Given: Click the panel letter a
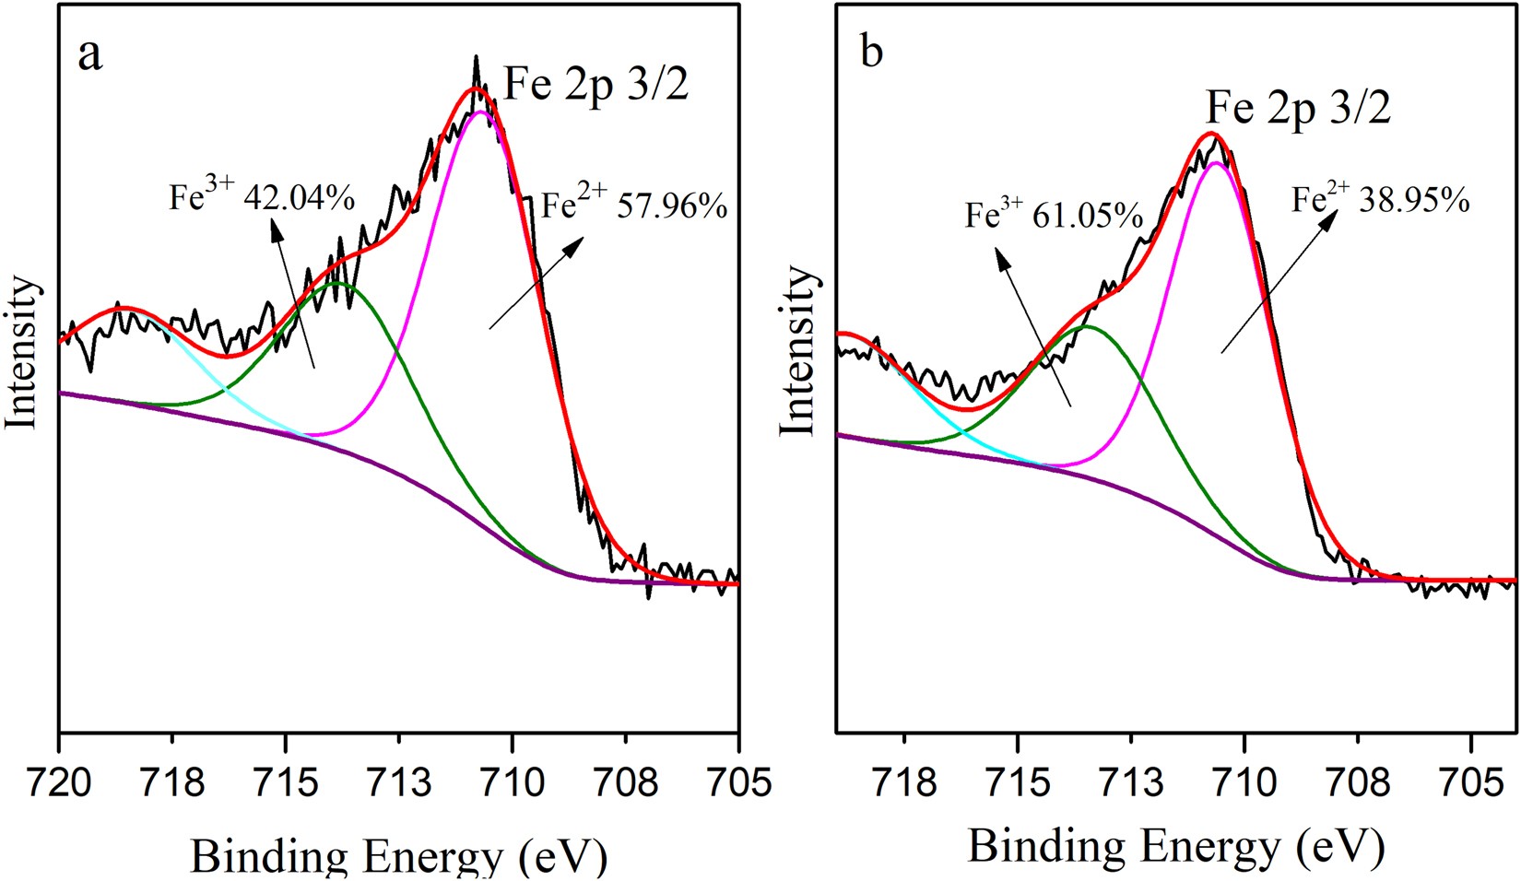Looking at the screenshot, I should [x=89, y=55].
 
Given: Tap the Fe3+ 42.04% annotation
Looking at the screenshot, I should [x=261, y=197].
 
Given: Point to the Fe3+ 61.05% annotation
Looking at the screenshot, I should [x=1054, y=216].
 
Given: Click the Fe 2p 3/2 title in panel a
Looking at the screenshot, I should [x=595, y=86].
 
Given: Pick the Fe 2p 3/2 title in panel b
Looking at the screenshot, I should [x=1298, y=108].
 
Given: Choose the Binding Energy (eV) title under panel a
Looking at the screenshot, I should [x=398, y=855].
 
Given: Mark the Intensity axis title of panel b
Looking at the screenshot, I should [x=798, y=350].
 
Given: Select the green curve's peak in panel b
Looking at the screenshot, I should [x=1086, y=326].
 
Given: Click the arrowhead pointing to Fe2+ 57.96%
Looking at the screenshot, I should [x=578, y=241].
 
